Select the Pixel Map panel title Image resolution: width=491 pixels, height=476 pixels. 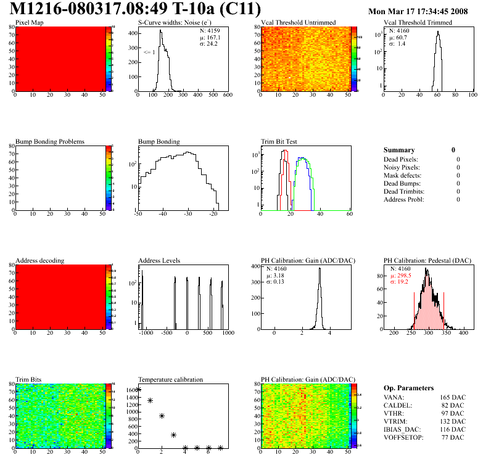29,22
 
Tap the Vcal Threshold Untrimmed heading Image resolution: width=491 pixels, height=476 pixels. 298,22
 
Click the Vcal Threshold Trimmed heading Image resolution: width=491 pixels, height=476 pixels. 418,22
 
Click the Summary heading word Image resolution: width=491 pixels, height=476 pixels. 399,150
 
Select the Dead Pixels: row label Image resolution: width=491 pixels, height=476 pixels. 402,159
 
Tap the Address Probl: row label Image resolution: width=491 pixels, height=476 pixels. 403,199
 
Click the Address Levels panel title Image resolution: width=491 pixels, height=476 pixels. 159,260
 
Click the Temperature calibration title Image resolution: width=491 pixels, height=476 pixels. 170,379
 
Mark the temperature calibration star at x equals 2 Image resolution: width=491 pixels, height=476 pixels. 162,416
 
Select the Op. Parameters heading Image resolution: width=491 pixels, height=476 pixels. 409,388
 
